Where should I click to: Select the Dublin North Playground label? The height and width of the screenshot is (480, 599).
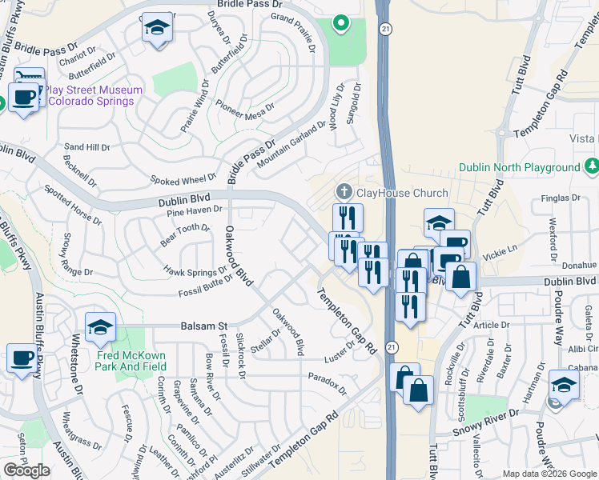(519, 168)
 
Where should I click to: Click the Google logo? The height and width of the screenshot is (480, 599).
(26, 470)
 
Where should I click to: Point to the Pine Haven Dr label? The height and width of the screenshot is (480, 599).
(194, 210)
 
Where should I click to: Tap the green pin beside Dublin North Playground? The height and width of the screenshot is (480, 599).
(592, 166)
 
